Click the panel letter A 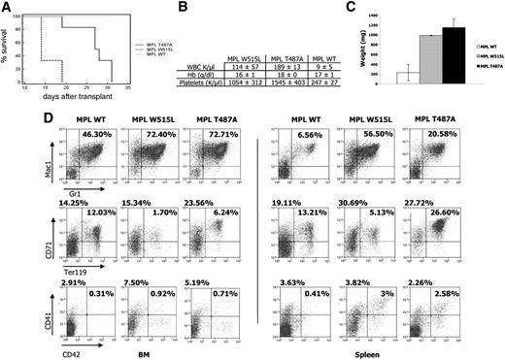(7, 8)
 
